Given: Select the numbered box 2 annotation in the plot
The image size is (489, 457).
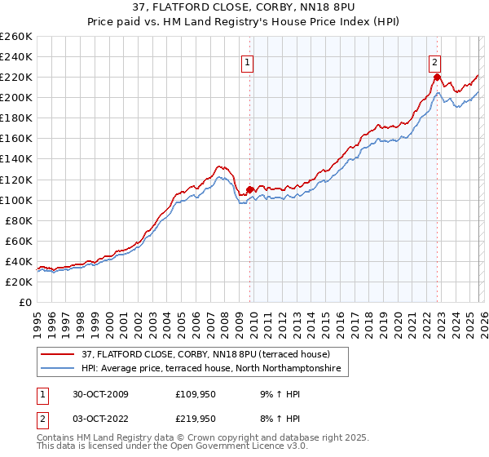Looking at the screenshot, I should [x=435, y=61].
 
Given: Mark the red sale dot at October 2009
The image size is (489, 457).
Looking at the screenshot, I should [x=250, y=189].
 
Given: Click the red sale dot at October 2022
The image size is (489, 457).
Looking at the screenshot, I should [x=437, y=78].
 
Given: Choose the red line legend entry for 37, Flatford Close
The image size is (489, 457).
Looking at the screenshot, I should [x=187, y=355].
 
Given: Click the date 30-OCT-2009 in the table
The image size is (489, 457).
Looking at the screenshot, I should [x=90, y=394].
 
